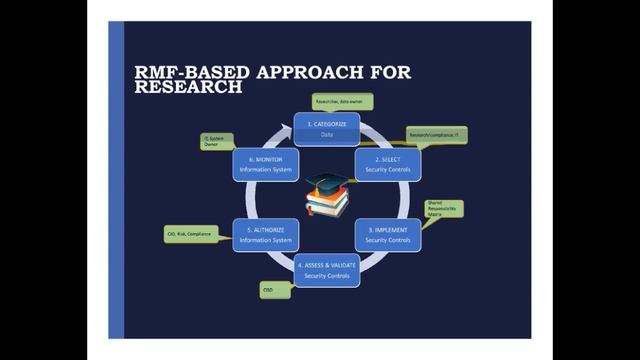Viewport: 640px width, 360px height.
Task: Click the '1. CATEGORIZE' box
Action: (x=325, y=127)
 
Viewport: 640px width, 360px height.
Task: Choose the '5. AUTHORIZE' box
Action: (x=265, y=234)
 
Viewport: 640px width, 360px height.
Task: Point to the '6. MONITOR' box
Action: (x=265, y=164)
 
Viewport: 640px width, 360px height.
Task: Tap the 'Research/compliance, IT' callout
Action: (x=438, y=133)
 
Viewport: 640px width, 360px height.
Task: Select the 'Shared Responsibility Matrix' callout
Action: (x=441, y=210)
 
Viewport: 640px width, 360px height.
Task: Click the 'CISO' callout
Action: (x=276, y=290)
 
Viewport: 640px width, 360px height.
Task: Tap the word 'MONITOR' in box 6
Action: (x=269, y=159)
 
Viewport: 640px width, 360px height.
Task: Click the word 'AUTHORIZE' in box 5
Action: (x=269, y=229)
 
